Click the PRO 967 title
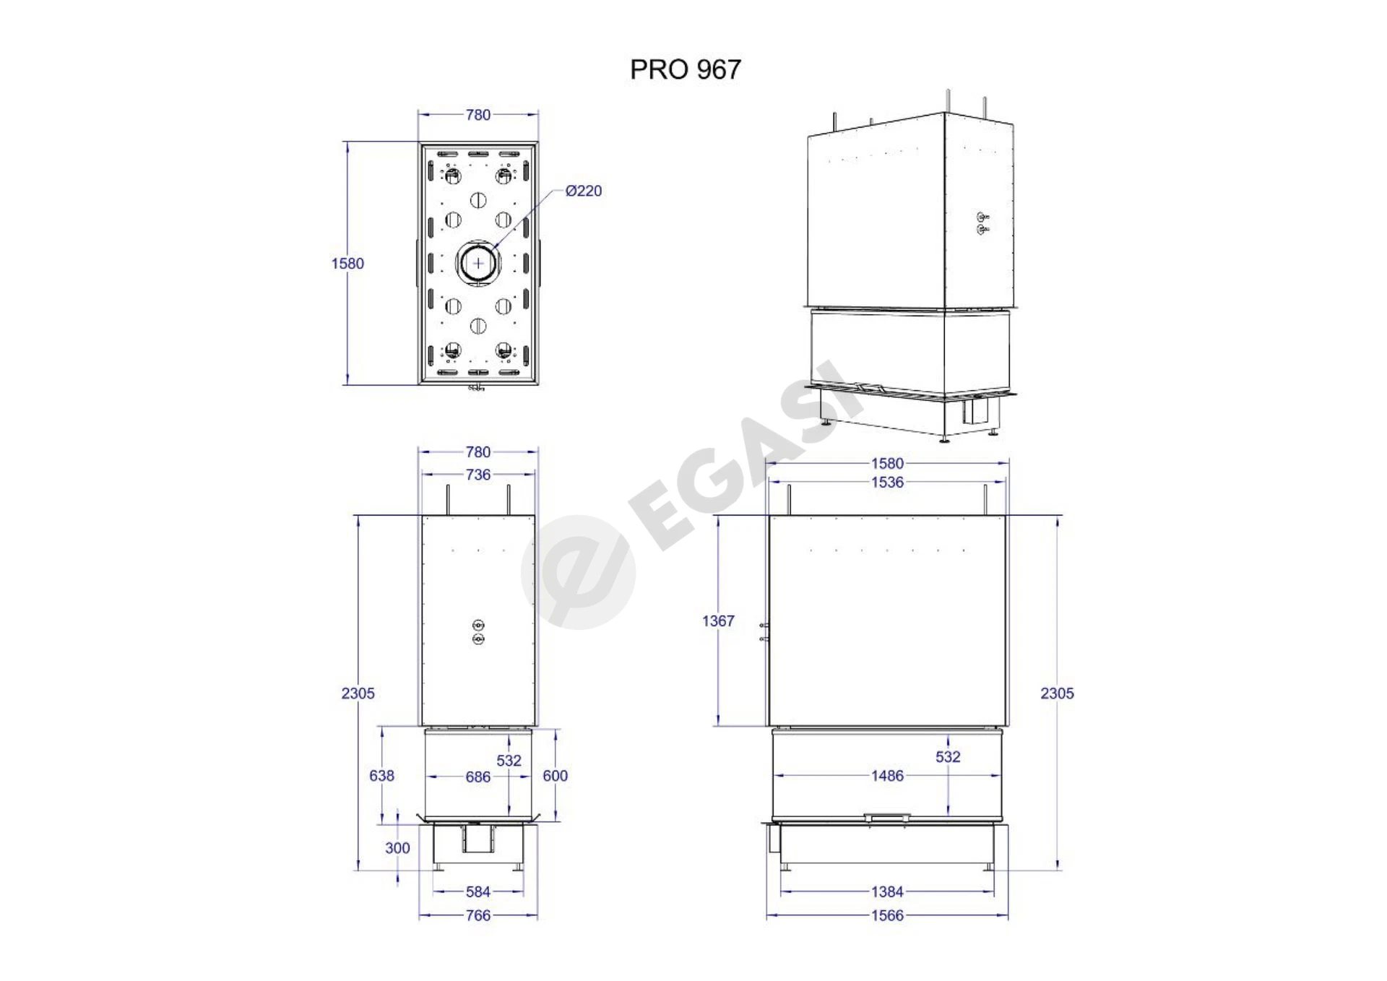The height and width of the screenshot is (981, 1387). pos(686,69)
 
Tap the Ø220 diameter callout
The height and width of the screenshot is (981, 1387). pos(584,191)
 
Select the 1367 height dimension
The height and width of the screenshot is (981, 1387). pos(718,621)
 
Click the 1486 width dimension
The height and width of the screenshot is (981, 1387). pos(887,776)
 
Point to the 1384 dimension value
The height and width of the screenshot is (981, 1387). pos(887,892)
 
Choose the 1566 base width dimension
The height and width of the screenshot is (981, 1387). pos(887,916)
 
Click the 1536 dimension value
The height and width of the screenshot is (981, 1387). pos(887,483)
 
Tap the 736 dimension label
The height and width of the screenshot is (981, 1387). pos(478,475)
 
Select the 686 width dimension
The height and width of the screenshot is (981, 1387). pos(478,777)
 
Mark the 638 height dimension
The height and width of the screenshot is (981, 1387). pos(381,776)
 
